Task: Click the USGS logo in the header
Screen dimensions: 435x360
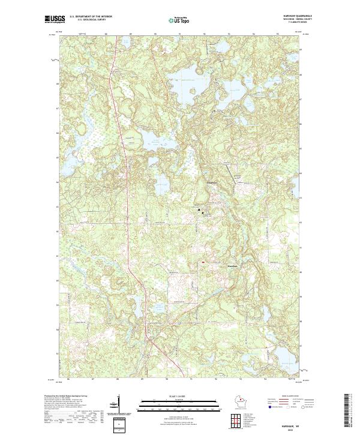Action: coord(53,19)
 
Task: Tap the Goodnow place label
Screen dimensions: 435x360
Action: coord(213,182)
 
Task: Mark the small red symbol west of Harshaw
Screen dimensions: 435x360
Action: coord(203,262)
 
